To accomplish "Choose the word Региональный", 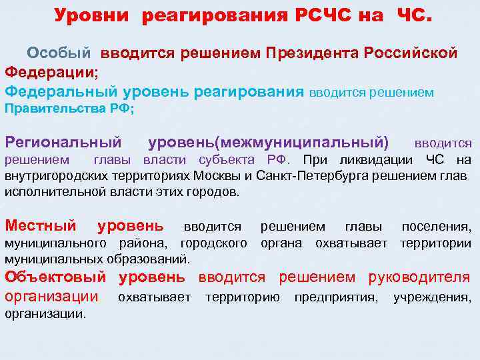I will click(63, 142).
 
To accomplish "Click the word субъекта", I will click(231, 159).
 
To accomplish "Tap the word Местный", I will click(41, 227).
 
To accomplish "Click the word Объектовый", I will click(55, 277).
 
